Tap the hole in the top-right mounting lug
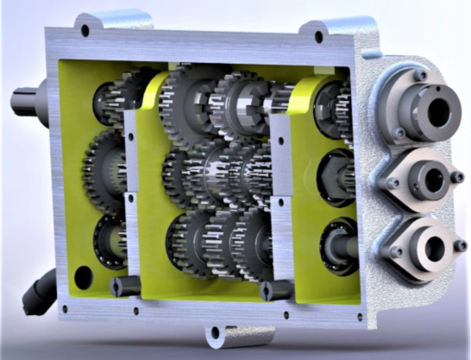coord(318,37)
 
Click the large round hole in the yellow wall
coord(83,278)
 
